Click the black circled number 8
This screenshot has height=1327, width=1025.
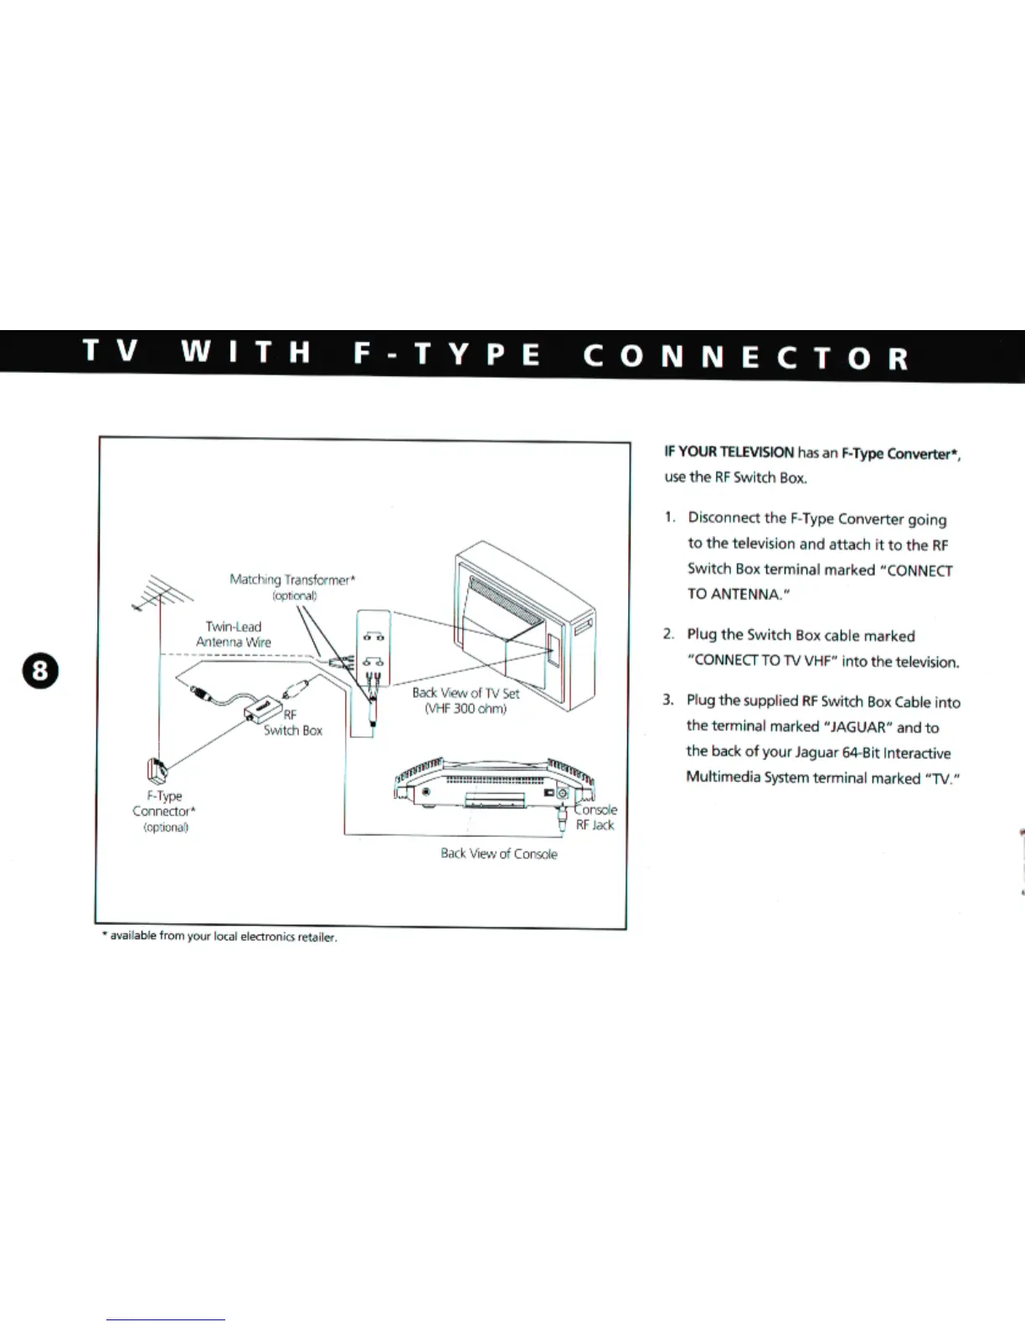click(40, 672)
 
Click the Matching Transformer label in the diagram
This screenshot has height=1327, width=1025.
click(292, 580)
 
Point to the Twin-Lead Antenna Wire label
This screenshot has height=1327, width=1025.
click(234, 634)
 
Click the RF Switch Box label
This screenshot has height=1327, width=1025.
click(293, 722)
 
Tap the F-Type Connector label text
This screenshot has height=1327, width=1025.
click(164, 803)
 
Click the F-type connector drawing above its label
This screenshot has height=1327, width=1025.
click(157, 769)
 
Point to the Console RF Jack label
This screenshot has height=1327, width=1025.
click(595, 818)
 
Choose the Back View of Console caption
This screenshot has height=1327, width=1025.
click(499, 854)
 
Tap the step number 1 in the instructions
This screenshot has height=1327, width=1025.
click(669, 517)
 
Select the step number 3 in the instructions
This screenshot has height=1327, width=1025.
click(667, 700)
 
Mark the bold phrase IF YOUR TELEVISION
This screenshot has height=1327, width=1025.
click(729, 452)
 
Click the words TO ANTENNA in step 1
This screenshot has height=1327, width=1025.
click(737, 595)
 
